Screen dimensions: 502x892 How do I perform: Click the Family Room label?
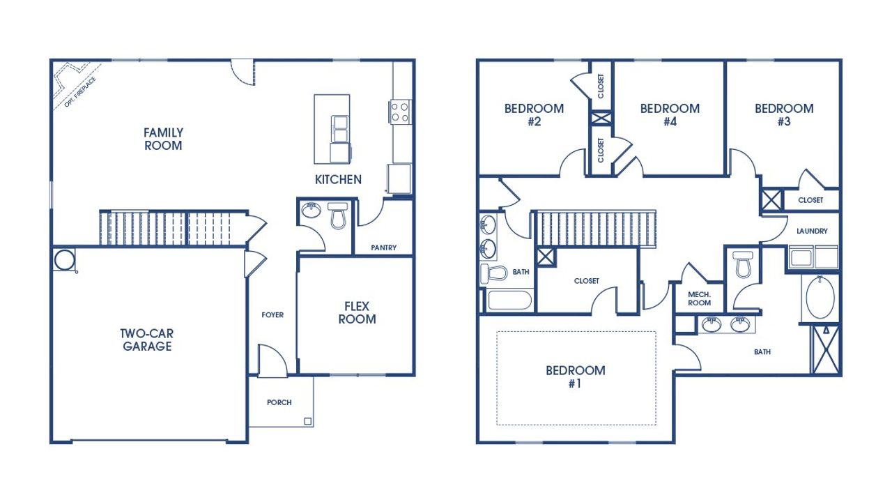(163, 139)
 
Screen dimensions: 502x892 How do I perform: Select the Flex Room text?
(357, 313)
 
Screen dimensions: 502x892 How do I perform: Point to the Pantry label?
(383, 248)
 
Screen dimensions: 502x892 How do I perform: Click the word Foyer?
(272, 315)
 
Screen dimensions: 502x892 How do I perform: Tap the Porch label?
(279, 402)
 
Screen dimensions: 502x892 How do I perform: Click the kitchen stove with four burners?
(400, 112)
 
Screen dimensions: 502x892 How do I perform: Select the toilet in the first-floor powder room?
(338, 216)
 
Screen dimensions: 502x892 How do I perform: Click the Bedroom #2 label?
(534, 115)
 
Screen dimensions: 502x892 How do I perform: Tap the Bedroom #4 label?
(670, 115)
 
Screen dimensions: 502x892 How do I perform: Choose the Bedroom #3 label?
(784, 115)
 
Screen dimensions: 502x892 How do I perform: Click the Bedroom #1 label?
(575, 376)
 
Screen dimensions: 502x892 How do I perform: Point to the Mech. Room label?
(699, 298)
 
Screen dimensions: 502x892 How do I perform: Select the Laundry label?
(812, 231)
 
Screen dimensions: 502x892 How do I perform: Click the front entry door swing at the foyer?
(272, 358)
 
